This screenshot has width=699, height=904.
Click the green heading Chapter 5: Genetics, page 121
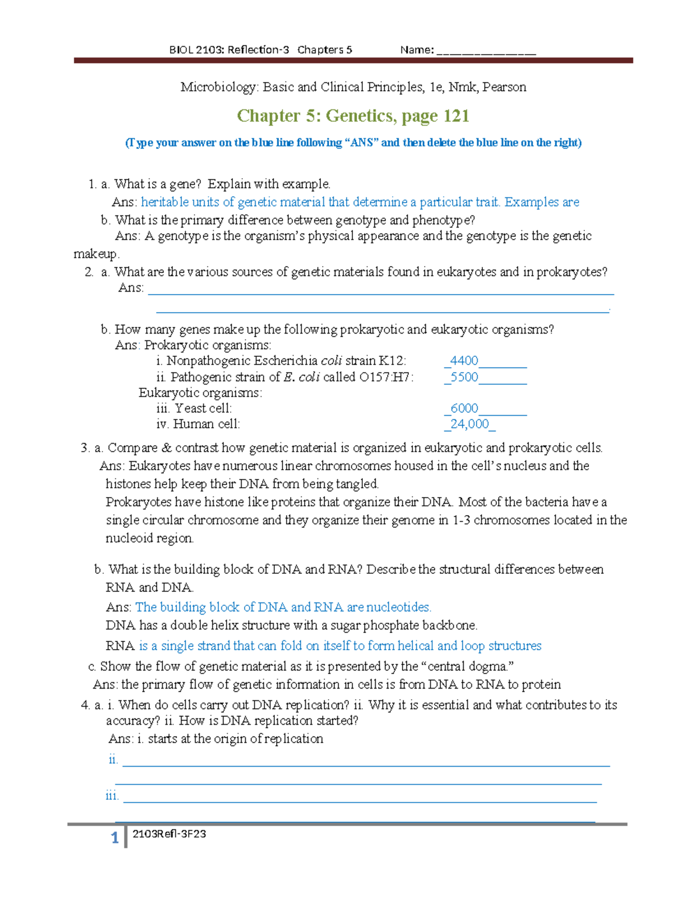click(353, 116)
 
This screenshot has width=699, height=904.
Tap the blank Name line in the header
click(486, 51)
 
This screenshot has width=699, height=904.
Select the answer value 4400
click(464, 361)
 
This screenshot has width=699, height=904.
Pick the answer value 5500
click(464, 377)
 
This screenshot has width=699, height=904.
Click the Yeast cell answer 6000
click(464, 409)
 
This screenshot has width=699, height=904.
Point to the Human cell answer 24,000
click(469, 424)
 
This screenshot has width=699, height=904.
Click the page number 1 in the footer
click(115, 838)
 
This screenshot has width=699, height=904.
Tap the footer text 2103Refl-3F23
click(169, 834)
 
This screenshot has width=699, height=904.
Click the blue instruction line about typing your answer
click(353, 143)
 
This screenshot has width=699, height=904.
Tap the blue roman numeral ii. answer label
click(113, 760)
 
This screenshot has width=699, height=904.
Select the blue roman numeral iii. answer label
click(112, 796)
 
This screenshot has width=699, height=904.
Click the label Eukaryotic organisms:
click(200, 393)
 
